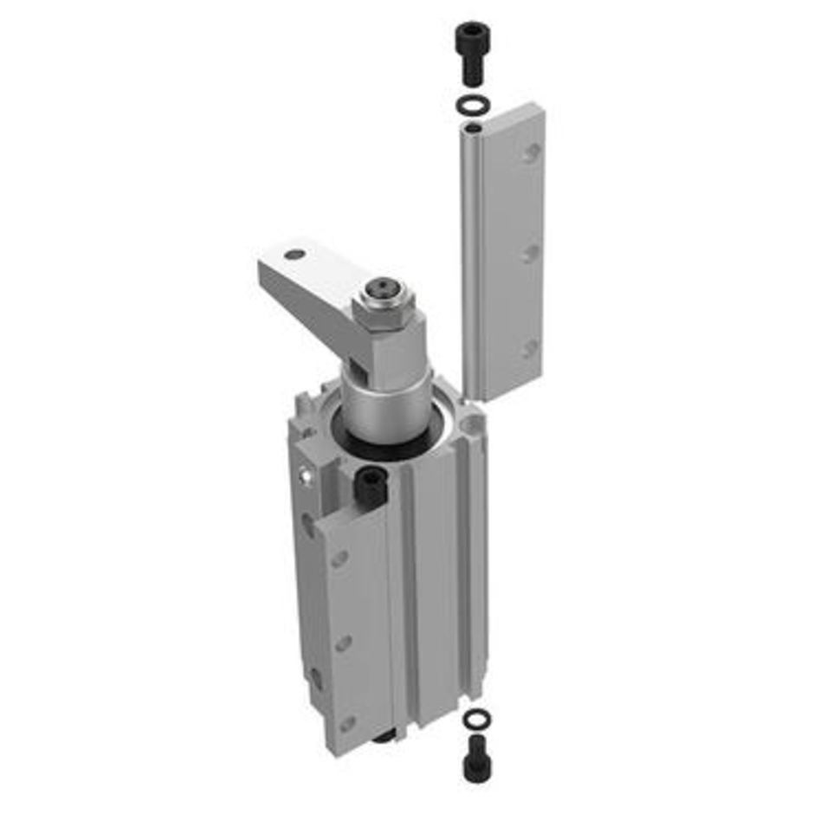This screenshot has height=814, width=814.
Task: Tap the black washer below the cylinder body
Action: [475, 719]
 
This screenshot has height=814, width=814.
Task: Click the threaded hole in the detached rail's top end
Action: [473, 130]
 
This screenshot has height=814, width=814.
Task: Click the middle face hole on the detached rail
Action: [532, 252]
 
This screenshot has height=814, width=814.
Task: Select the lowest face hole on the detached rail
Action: [531, 348]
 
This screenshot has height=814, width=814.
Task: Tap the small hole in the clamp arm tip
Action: [295, 255]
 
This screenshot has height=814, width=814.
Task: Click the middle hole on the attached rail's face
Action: [344, 643]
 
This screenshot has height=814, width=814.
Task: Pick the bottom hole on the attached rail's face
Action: [347, 721]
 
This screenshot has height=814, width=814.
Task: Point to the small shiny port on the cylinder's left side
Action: [303, 474]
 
